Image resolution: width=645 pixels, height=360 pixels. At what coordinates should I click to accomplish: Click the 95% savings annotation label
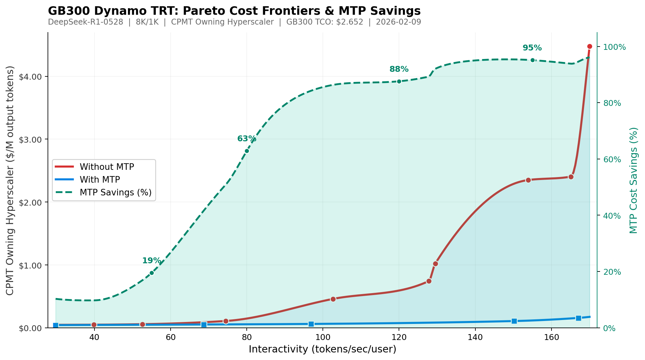532,48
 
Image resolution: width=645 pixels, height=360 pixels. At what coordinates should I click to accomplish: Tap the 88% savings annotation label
399,69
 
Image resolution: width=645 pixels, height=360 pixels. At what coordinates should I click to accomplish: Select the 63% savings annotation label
247,139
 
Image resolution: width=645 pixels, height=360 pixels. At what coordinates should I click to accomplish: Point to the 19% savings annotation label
152,261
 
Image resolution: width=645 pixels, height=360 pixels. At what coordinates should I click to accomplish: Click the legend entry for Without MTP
107,167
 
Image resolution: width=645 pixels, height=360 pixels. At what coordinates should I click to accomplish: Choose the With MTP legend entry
100,180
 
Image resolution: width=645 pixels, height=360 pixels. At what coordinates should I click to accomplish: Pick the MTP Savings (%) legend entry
115,192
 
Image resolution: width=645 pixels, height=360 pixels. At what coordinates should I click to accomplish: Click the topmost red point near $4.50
590,47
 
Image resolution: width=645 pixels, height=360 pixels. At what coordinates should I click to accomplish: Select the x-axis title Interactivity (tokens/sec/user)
322,349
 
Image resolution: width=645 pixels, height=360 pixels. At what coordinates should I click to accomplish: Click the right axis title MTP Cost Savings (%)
634,180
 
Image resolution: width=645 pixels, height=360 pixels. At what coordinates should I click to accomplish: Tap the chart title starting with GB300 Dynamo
234,11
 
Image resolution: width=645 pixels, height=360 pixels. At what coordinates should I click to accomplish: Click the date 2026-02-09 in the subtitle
398,22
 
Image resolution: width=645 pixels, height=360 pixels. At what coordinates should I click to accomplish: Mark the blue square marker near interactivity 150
514,321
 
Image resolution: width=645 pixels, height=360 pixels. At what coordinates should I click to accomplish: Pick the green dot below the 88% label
399,81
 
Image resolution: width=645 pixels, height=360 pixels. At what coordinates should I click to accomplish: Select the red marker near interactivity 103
333,299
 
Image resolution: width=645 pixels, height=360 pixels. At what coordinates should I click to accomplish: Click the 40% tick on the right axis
612,216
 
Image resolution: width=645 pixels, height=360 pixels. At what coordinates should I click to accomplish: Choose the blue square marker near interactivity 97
311,324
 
